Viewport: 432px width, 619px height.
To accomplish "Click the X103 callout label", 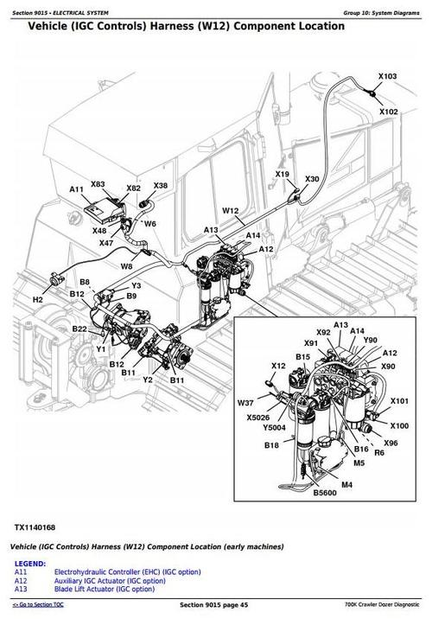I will (x=388, y=77).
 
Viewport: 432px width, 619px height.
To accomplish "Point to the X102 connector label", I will (x=388, y=112).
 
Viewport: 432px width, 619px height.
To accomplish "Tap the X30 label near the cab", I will (x=311, y=179).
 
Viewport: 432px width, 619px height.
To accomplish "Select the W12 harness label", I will (x=230, y=211).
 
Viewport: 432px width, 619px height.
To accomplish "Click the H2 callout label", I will (x=37, y=299).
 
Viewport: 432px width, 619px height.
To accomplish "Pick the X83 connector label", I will (x=98, y=184).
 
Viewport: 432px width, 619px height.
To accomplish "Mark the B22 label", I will (x=79, y=329).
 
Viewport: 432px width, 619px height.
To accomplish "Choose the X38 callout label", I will (x=161, y=186).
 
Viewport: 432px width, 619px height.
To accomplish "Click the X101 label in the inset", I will (x=398, y=401).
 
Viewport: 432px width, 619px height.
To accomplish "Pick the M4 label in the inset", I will (x=346, y=486).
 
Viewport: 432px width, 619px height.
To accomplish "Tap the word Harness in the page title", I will (x=164, y=26).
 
